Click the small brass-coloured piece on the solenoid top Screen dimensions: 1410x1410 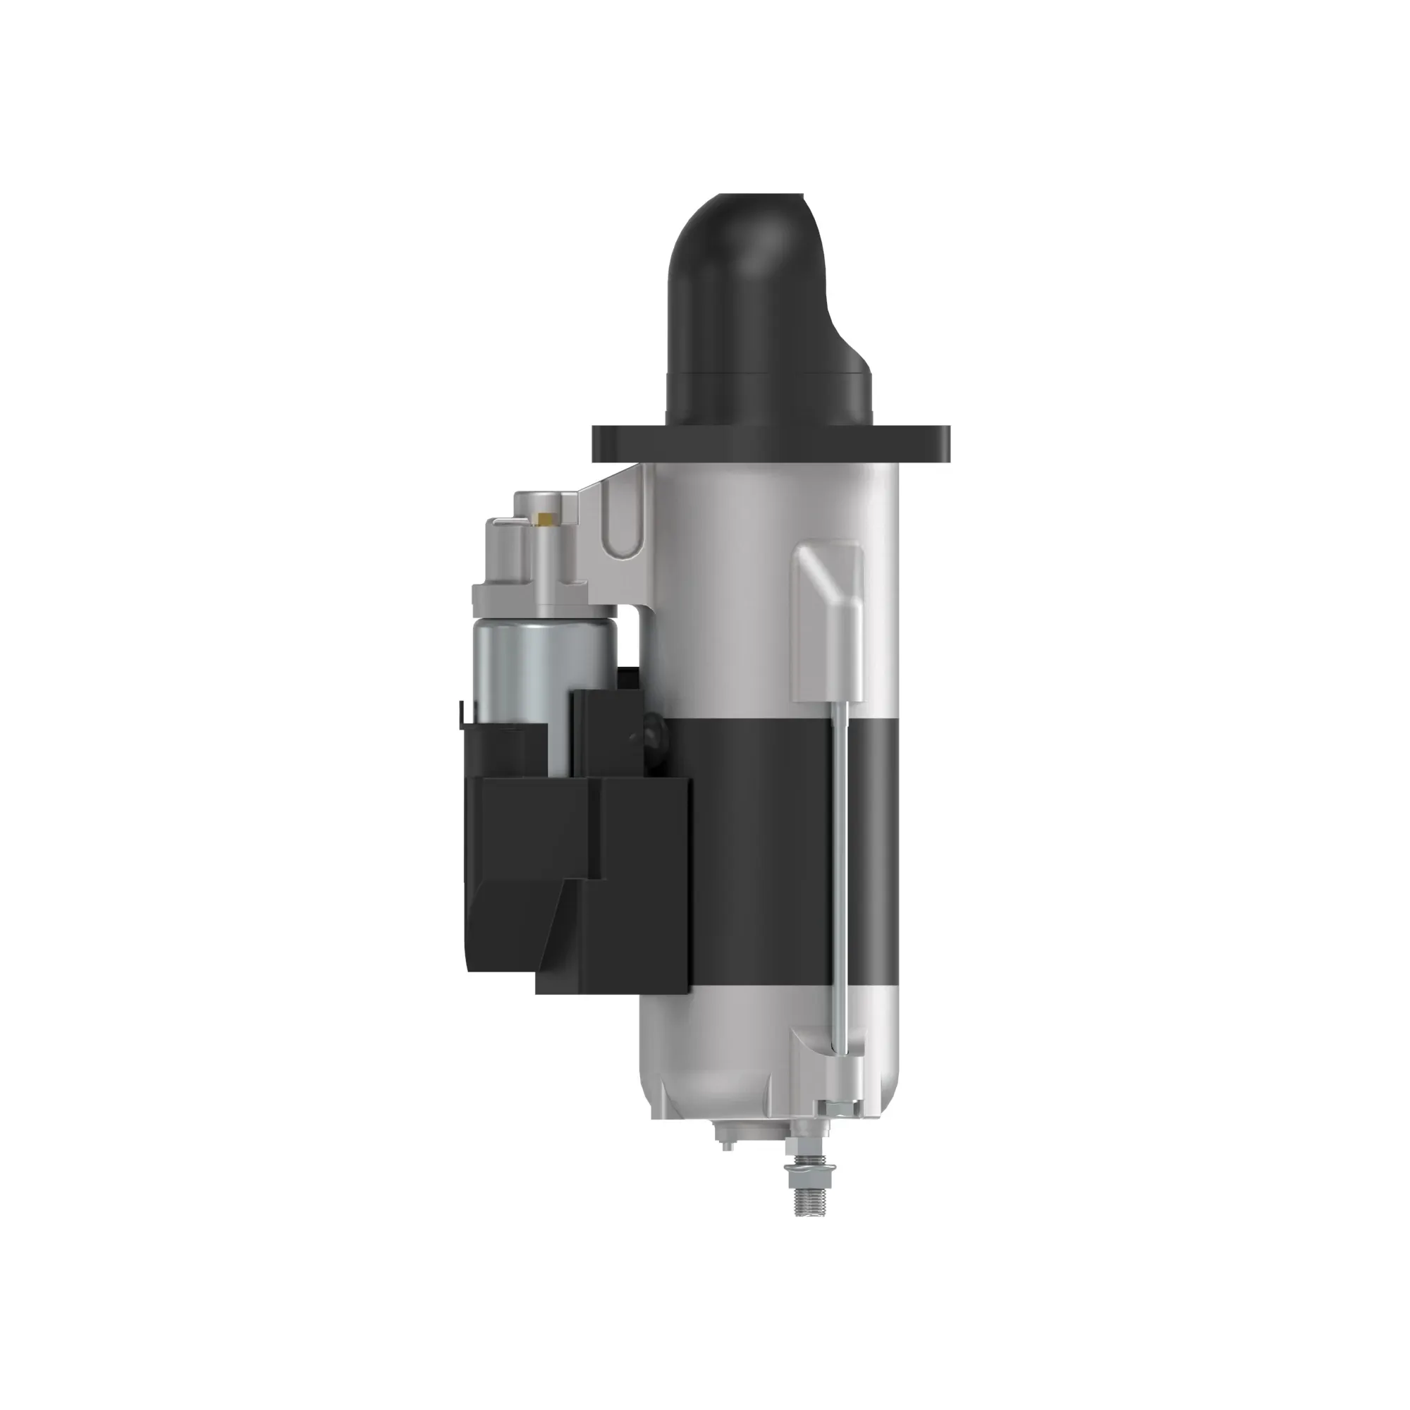(x=544, y=519)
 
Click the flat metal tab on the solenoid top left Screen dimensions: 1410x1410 (x=503, y=520)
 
